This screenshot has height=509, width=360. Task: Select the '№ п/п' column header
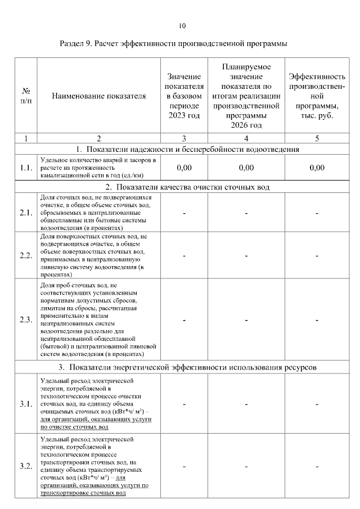pyautogui.click(x=25, y=96)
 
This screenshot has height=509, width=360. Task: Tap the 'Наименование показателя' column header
pyautogui.click(x=98, y=96)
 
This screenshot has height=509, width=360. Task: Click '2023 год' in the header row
pyautogui.click(x=184, y=115)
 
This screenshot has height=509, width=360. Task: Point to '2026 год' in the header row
pyautogui.click(x=246, y=125)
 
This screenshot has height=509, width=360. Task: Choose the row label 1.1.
pyautogui.click(x=25, y=168)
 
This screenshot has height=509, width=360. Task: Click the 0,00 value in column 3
pyautogui.click(x=184, y=168)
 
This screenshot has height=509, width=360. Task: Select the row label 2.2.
pyautogui.click(x=25, y=255)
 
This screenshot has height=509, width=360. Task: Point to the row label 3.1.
pyautogui.click(x=25, y=404)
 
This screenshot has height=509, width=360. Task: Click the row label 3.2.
pyautogui.click(x=25, y=466)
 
